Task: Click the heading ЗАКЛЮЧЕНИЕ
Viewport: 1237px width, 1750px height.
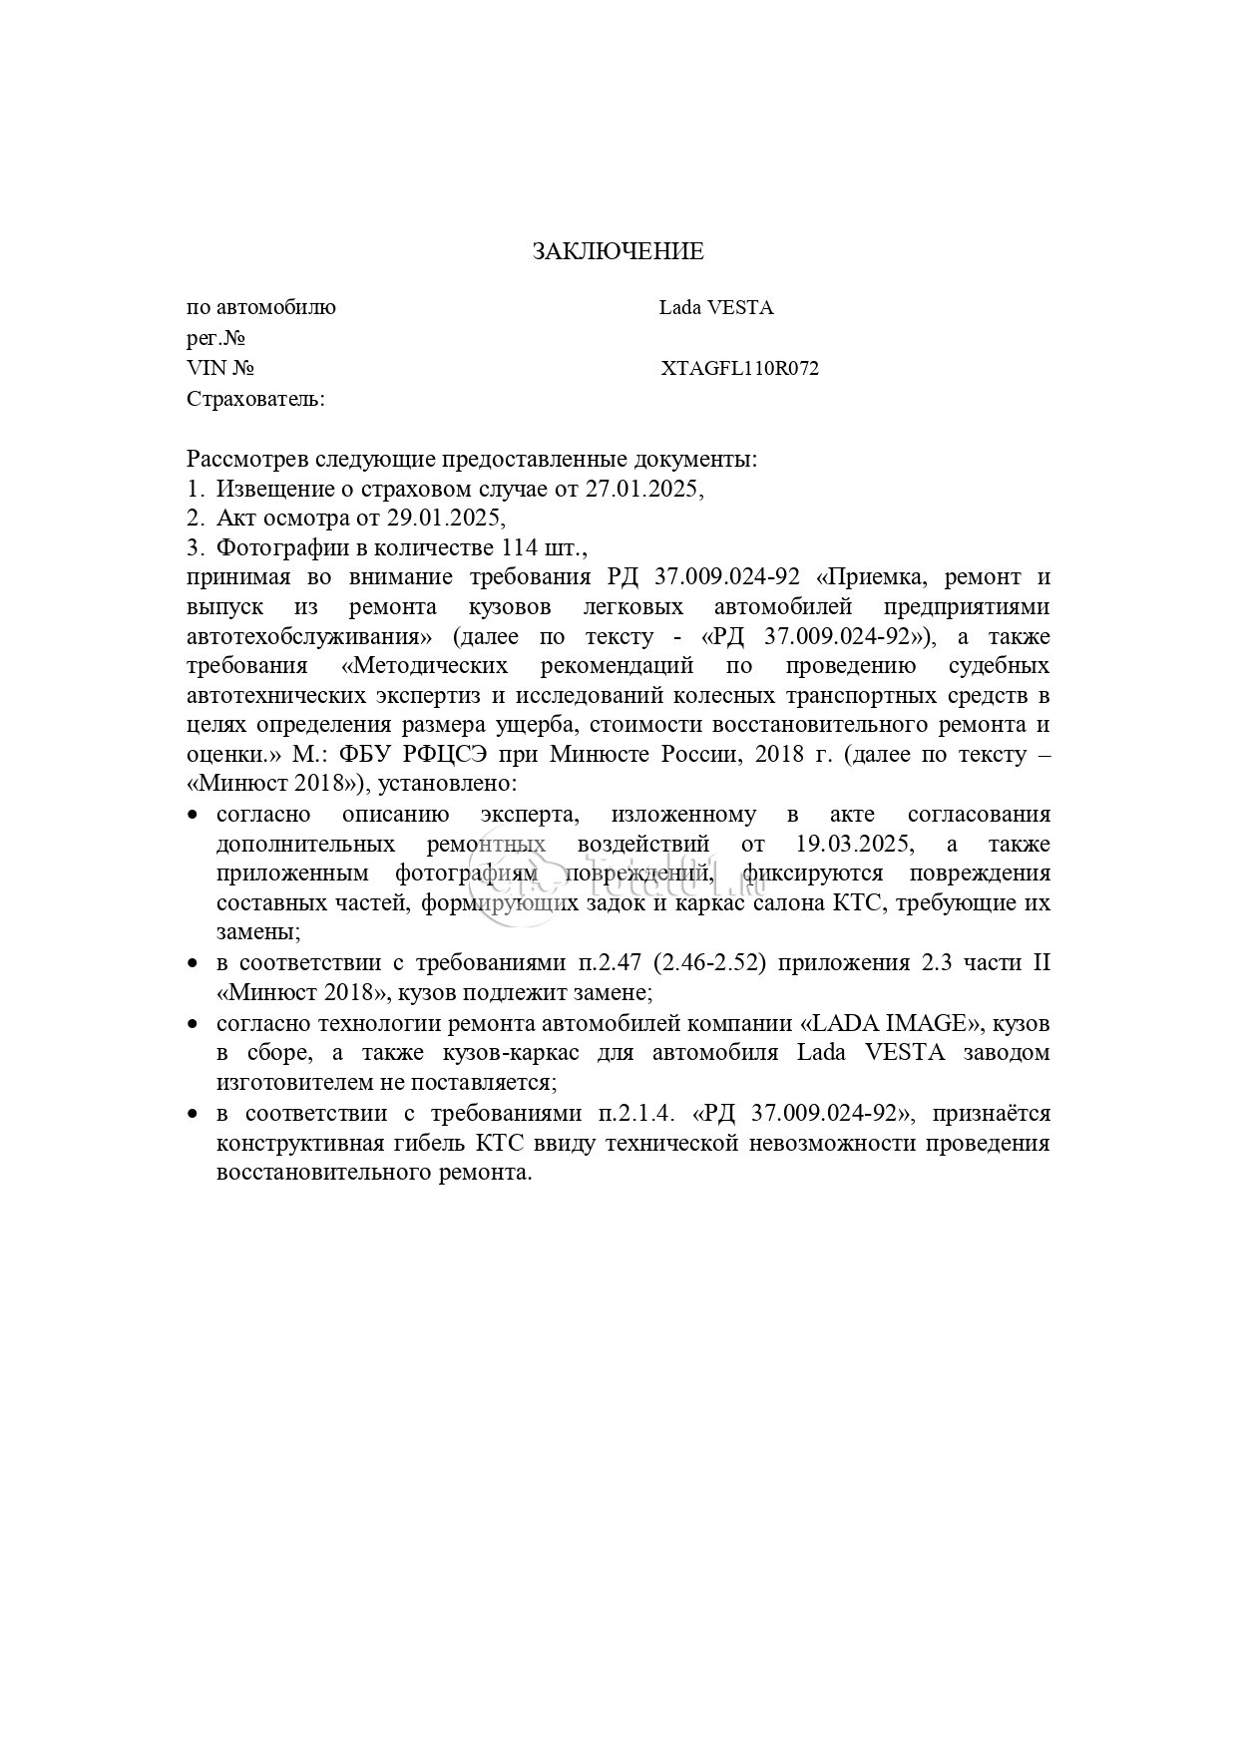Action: coord(618,251)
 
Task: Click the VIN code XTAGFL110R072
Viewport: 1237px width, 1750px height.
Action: coord(739,369)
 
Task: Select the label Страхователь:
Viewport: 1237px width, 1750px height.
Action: coord(255,400)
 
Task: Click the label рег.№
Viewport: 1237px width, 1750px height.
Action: coord(215,338)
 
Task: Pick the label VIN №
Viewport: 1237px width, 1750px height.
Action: coord(220,369)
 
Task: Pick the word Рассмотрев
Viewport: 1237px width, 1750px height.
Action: coord(247,460)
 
